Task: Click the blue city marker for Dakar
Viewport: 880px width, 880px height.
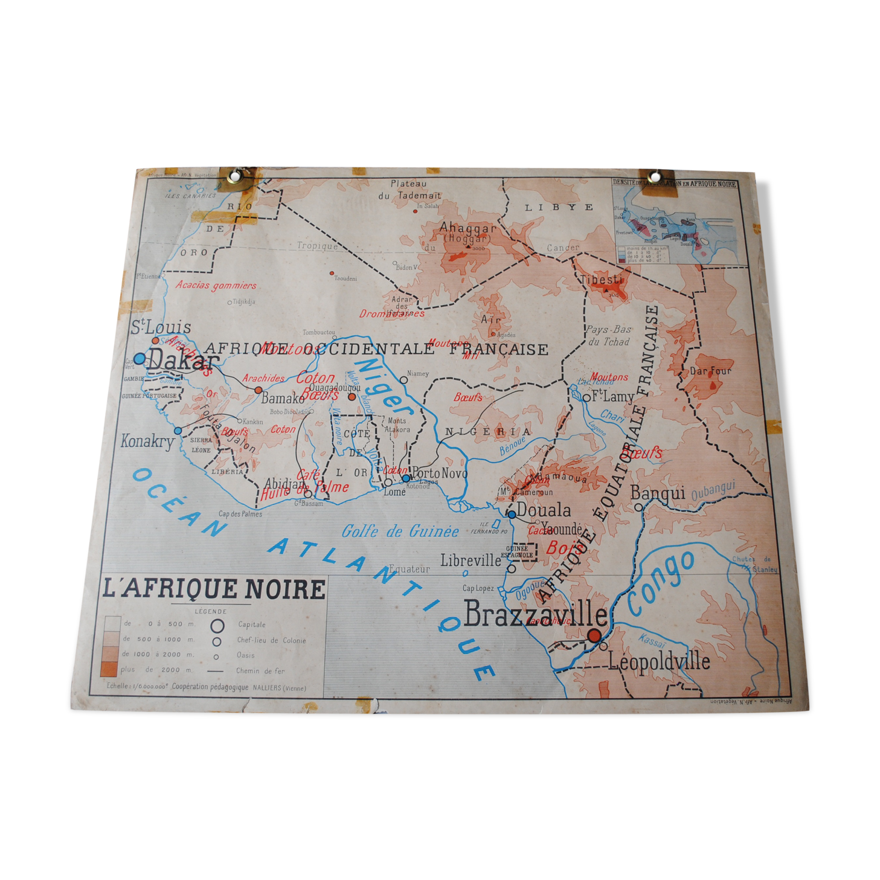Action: tap(140, 358)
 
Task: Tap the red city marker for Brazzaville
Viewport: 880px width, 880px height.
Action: tap(594, 635)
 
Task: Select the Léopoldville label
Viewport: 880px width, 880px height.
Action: tap(658, 662)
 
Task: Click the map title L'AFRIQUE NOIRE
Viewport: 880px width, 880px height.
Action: tap(214, 589)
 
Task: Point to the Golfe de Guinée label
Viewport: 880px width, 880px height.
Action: tap(400, 532)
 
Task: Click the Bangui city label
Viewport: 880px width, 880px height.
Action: tap(657, 493)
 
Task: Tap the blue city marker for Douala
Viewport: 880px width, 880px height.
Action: tap(512, 514)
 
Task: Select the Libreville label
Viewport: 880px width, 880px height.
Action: tap(471, 560)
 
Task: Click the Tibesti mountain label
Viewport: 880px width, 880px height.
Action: tap(601, 280)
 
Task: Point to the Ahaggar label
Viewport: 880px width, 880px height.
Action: tap(467, 228)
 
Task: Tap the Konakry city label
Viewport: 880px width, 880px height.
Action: tap(147, 441)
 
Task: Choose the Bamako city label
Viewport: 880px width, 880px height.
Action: tap(283, 399)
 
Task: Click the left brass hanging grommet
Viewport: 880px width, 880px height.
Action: tap(235, 175)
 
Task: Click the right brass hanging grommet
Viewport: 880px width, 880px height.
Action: tap(655, 177)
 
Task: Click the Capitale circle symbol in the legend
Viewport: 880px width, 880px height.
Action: tap(218, 625)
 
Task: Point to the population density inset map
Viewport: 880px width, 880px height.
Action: tap(675, 223)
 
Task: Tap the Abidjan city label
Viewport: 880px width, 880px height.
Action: tap(284, 484)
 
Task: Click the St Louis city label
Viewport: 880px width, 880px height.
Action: tap(161, 327)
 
